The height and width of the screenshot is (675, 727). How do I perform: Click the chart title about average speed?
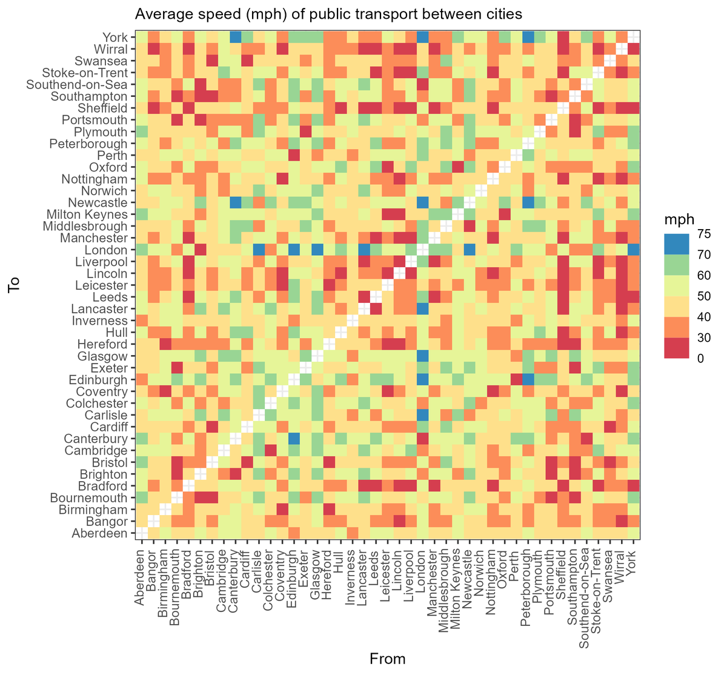point(328,13)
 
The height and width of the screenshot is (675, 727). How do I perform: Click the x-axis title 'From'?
point(387,659)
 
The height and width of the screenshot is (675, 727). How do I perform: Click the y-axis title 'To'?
point(15,285)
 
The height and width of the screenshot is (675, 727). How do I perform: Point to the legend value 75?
point(705,234)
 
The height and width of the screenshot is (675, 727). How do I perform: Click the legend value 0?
point(701,358)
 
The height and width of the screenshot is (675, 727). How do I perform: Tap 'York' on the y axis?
point(115,38)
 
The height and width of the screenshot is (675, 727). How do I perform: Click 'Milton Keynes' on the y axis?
point(87,214)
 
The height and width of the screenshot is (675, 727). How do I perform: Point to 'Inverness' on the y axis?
point(100,321)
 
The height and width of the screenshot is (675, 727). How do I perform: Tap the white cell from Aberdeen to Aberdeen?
point(141,533)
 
